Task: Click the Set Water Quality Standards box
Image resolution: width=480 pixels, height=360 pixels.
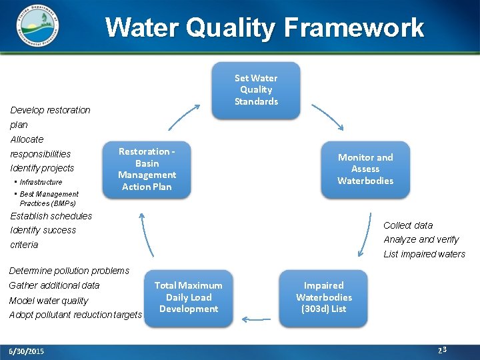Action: pos(256,90)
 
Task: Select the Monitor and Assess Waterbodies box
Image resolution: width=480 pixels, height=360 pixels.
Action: pos(365,169)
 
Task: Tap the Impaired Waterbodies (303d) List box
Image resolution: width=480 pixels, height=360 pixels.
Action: pos(323,297)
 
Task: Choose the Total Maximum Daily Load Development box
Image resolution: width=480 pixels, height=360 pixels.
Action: pos(188,297)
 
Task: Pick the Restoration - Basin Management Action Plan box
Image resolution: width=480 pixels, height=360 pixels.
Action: pos(147,169)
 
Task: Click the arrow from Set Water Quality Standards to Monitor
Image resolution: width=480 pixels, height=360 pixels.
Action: pos(327,116)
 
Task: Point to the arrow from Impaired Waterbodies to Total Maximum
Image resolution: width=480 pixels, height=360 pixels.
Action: pos(255,319)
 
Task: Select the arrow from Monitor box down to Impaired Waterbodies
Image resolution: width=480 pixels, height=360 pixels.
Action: pos(366,235)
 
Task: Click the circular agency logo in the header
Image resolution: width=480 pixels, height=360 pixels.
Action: pos(36,27)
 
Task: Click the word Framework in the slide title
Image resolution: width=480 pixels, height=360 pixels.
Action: pos(354,28)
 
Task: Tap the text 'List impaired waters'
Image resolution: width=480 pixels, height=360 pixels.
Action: pos(424,254)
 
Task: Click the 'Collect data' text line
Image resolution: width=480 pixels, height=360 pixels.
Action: pos(408,225)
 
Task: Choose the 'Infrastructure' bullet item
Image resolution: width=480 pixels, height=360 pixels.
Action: pos(41,182)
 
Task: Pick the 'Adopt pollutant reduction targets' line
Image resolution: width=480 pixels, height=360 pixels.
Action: pos(75,315)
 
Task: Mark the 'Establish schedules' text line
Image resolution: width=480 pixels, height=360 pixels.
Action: pos(51,216)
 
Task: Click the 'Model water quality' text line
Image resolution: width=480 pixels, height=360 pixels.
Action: pos(49,300)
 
